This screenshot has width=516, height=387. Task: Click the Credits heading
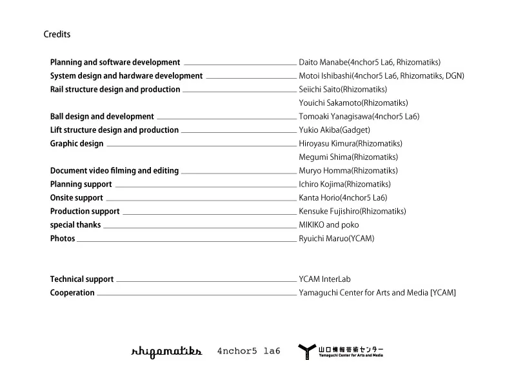(x=57, y=34)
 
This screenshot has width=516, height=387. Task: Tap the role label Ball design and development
(x=102, y=117)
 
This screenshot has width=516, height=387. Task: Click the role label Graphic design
(x=77, y=144)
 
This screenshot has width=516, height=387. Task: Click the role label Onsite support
(x=77, y=198)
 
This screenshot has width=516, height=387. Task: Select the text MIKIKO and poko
(x=329, y=225)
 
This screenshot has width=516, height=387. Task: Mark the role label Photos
(x=63, y=239)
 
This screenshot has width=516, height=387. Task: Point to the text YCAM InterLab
(x=324, y=279)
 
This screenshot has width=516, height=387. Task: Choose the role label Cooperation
(x=72, y=293)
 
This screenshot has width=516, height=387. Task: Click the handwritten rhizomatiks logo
(x=166, y=351)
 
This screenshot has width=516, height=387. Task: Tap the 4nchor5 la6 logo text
(x=248, y=352)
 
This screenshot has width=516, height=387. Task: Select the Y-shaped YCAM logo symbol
(x=307, y=352)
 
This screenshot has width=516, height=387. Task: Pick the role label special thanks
(x=75, y=225)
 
